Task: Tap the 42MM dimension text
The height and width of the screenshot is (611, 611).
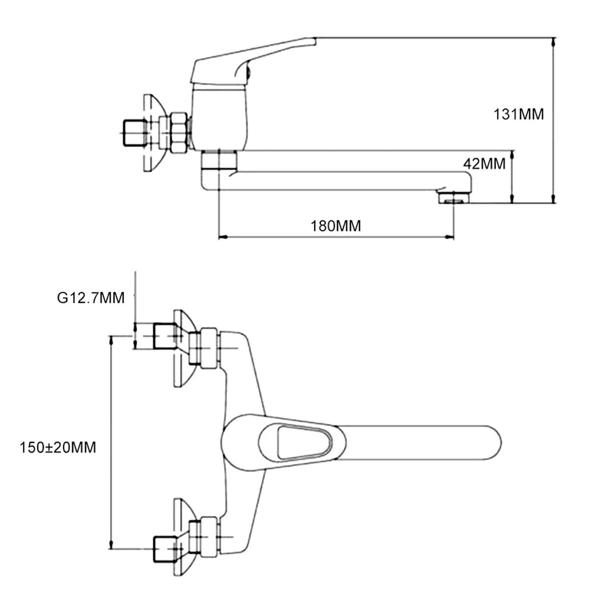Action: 484,163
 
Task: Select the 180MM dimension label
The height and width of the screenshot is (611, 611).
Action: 336,226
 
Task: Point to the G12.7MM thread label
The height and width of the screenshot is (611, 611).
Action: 91,298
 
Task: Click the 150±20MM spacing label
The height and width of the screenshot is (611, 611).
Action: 58,448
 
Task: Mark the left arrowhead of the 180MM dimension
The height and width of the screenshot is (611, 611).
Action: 222,237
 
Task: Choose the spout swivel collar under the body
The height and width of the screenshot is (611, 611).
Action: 219,161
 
